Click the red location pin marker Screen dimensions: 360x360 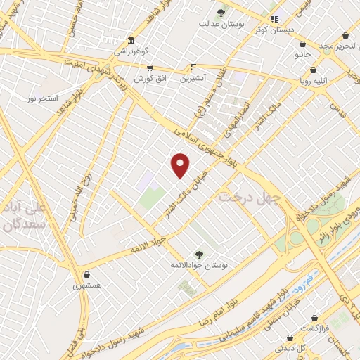click(x=181, y=165)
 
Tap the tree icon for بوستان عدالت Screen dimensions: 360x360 click(x=221, y=13)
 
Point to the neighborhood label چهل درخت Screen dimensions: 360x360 click(x=250, y=198)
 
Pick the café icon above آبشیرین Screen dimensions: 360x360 click(x=193, y=67)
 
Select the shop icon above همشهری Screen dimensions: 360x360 click(x=86, y=274)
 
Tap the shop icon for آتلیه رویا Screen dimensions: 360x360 click(x=314, y=70)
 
